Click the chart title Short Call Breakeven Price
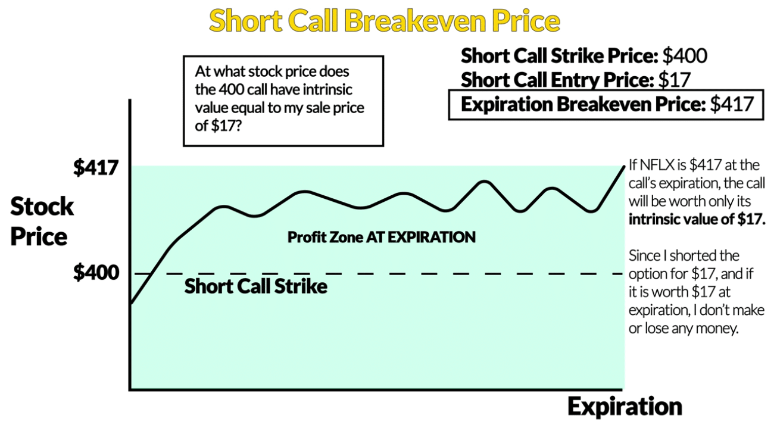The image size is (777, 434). click(x=385, y=21)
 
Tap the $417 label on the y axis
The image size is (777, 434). click(x=96, y=168)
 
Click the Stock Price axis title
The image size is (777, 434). click(x=42, y=221)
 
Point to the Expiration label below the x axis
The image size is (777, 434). click(x=625, y=407)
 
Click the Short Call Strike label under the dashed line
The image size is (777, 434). click(x=255, y=286)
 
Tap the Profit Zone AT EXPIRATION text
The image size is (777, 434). click(x=382, y=238)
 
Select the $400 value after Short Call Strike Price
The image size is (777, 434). click(x=685, y=56)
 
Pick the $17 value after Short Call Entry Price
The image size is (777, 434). click(x=675, y=80)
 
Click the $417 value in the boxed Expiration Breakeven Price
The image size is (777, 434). click(x=732, y=104)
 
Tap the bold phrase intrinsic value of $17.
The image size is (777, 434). click(x=697, y=220)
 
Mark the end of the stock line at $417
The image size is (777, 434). click(x=625, y=167)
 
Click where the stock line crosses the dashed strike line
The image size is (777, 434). click(x=149, y=274)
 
